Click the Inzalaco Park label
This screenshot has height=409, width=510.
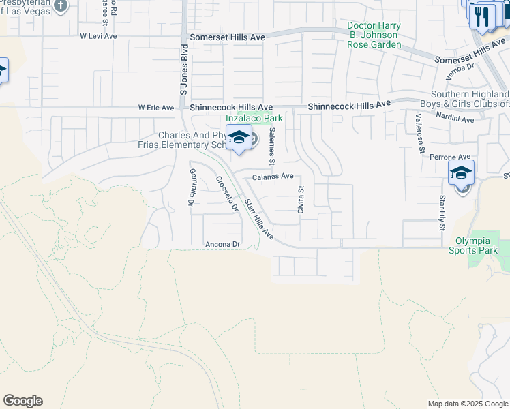254,118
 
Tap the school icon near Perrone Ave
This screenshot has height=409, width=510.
461,173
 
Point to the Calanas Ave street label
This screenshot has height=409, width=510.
273,177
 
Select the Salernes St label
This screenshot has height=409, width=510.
271,146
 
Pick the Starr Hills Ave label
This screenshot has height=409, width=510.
259,219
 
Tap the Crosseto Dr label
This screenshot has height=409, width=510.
227,194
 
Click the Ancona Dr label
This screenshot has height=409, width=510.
223,244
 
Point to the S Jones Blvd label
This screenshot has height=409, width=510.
183,72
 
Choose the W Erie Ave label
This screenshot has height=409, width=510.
156,108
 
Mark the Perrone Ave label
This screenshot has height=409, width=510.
450,157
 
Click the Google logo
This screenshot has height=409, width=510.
22,401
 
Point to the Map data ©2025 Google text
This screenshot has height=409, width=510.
467,404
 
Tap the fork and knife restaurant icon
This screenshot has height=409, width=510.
483,16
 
